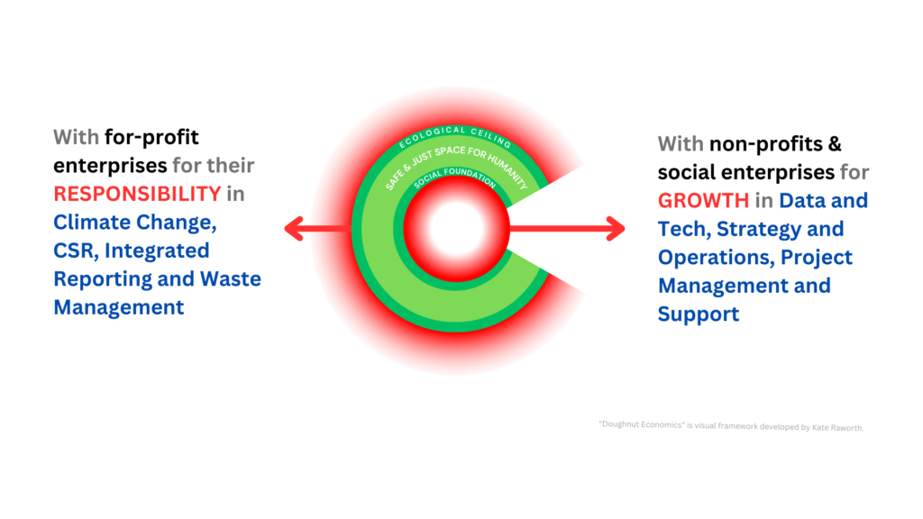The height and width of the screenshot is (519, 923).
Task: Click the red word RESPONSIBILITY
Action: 137,194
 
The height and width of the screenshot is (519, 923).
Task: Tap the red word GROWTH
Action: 703,200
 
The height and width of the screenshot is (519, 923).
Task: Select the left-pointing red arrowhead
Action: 294,229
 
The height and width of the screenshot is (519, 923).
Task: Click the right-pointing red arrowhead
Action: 616,229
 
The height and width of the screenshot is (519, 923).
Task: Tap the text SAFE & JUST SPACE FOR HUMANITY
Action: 455,160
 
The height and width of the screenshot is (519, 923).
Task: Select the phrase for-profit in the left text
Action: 151,138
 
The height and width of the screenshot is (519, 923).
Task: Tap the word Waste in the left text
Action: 222,278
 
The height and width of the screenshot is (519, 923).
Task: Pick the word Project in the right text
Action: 817,257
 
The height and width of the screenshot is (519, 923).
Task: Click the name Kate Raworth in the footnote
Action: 839,428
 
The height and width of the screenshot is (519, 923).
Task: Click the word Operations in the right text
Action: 713,257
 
